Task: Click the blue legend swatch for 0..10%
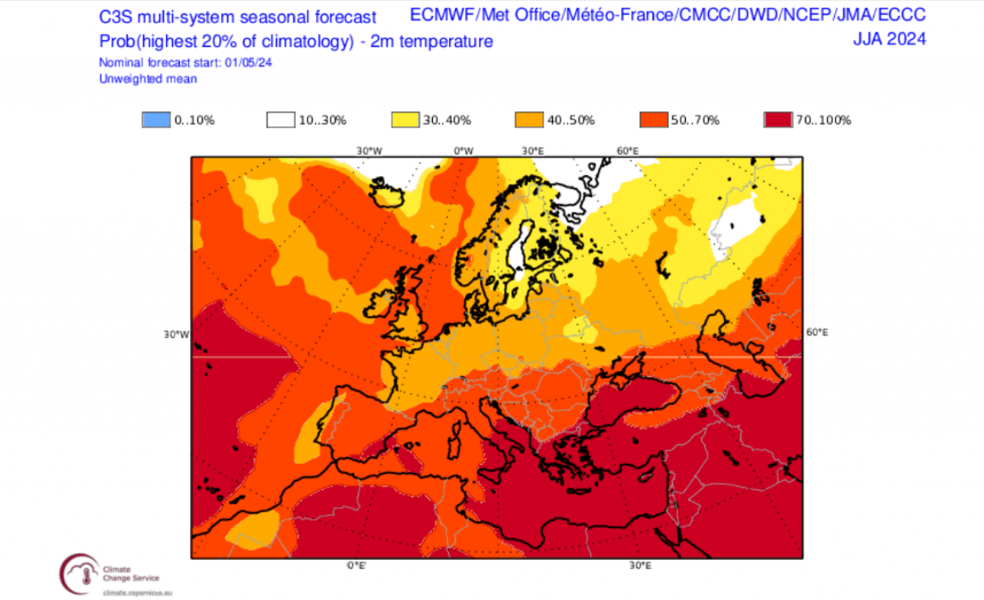[x=156, y=120]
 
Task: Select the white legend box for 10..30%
[x=281, y=120]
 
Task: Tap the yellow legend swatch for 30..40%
[x=405, y=120]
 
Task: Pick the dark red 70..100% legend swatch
[x=779, y=120]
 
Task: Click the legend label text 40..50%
[x=571, y=121]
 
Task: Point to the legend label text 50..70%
[x=696, y=121]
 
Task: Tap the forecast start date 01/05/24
[x=248, y=63]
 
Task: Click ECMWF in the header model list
[x=441, y=15]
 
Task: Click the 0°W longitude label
[x=463, y=151]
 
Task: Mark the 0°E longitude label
[x=355, y=565]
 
